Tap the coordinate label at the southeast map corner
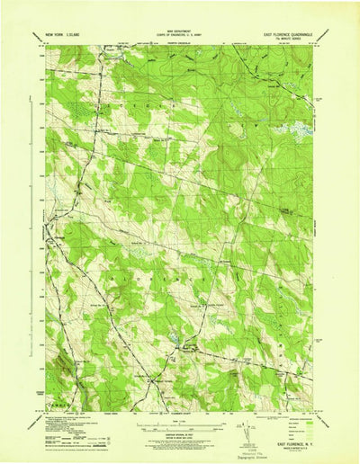click(310, 402)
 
